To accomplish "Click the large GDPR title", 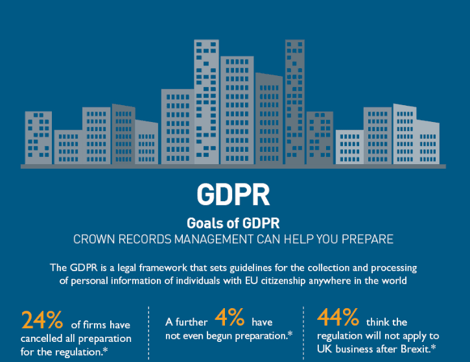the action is (233, 194).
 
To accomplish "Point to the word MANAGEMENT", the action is (214, 239).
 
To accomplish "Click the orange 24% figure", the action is (42, 320).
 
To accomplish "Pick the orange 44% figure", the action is (338, 317).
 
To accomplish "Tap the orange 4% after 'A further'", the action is (229, 317).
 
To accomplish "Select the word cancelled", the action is (41, 339).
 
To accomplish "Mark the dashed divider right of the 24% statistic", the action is (148, 333).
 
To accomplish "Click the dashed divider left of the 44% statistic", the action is (303, 333).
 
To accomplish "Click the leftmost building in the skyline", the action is (38, 138).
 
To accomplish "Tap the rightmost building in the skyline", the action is (428, 142).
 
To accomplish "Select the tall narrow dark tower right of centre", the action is (295, 102).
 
